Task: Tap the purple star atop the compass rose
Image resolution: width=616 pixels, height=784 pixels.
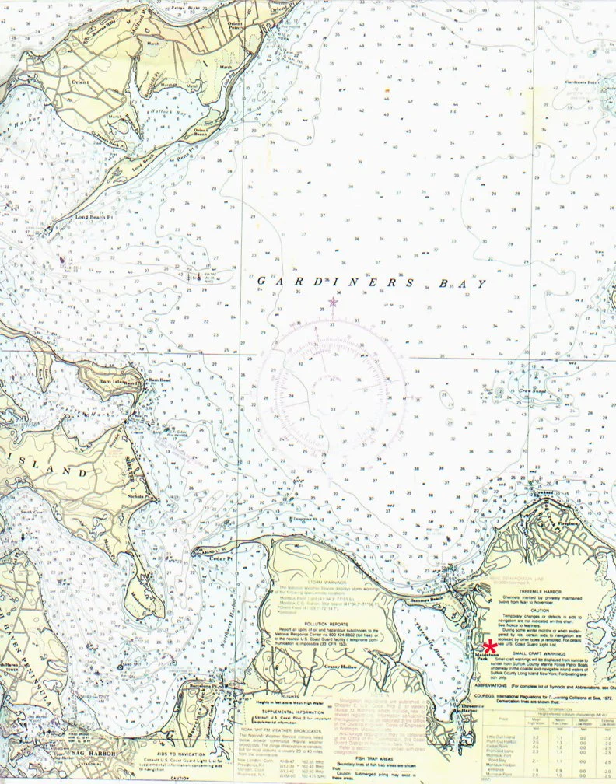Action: (x=333, y=301)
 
